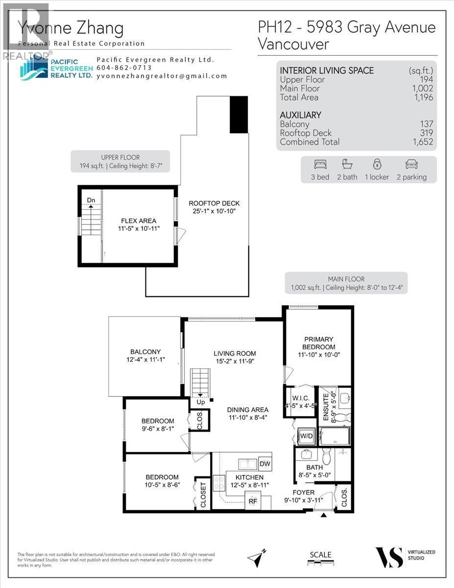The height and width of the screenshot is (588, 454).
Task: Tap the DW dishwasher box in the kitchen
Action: [x=265, y=464]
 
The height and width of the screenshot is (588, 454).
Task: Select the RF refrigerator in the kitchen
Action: [x=253, y=501]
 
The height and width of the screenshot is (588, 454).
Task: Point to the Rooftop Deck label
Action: [x=214, y=207]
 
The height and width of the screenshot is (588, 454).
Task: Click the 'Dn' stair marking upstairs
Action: [x=91, y=200]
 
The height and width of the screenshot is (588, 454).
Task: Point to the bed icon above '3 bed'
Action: [x=320, y=164]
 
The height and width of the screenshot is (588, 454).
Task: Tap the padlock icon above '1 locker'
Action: [x=377, y=164]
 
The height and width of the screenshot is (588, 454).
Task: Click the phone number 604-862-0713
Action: [x=124, y=68]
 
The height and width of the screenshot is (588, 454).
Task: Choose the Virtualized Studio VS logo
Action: [x=389, y=557]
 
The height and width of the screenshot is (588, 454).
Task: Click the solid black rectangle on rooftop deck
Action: [x=239, y=114]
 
